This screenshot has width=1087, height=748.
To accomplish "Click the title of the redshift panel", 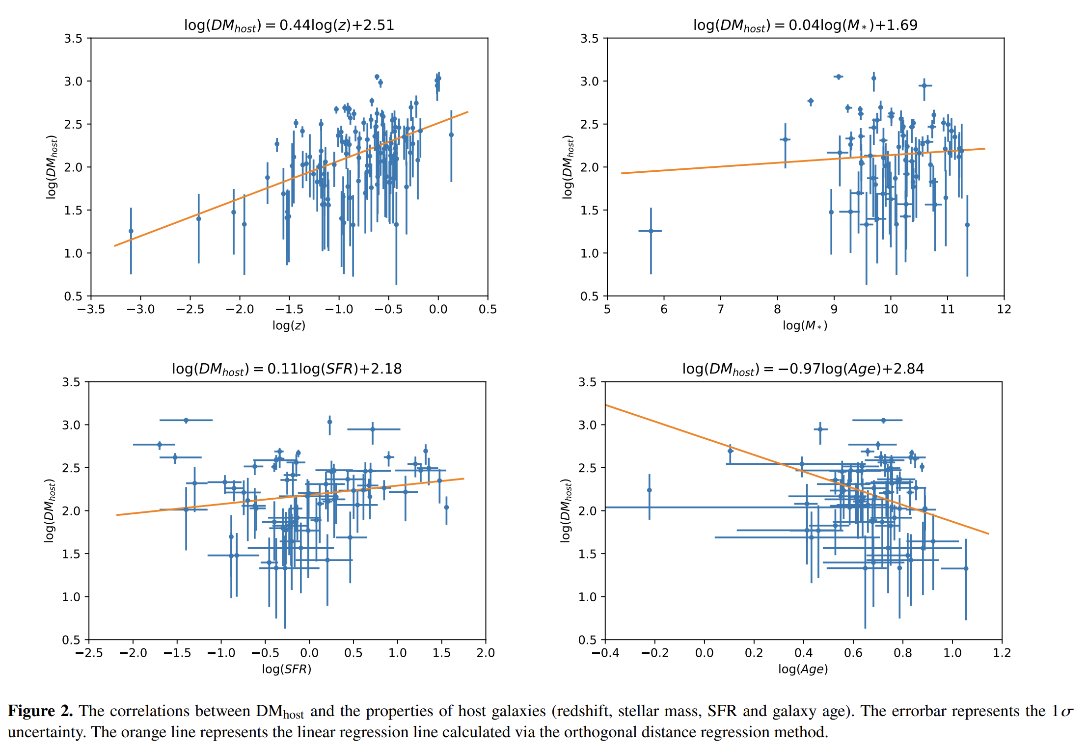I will coord(289,26).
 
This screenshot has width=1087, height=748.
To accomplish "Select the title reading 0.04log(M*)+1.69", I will coord(805,26).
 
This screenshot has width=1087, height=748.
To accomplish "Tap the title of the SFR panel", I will coord(287,369).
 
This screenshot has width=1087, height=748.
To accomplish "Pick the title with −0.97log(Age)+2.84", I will coord(803,369).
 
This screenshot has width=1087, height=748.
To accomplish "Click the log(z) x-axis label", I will coord(289,325).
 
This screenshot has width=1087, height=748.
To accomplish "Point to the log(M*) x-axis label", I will coord(805,325).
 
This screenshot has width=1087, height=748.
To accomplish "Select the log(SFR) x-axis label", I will coord(287,669).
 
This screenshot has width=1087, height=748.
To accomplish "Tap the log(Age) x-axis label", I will coord(803,669).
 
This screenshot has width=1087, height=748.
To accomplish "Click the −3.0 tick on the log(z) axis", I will coord(140,310).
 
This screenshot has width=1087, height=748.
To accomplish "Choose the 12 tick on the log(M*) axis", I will coord(1004,310).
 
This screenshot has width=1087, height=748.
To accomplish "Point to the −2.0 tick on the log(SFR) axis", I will coord(133,653).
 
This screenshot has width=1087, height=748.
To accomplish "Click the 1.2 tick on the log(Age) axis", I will coord(1002,653).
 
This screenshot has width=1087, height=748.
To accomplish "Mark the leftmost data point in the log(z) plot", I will coord(131,231).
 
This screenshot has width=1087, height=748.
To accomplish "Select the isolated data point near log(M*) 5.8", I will coord(651,231).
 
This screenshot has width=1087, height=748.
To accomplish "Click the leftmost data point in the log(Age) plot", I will coord(650,490).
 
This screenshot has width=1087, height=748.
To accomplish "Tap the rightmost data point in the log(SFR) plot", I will coord(446,508).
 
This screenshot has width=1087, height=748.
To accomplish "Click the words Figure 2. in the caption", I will coord(40,711).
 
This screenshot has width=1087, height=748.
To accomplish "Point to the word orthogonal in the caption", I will coord(606,732).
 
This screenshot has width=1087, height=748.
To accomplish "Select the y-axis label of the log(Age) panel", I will coord(566,510).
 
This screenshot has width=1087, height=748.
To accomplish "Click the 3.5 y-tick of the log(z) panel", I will coord(73,38).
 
